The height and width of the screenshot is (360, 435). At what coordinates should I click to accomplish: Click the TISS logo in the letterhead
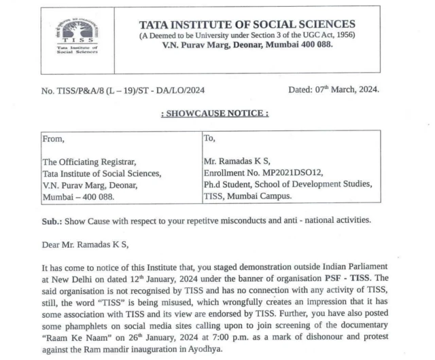click(77, 39)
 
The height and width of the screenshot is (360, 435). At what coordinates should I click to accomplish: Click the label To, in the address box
click(211, 139)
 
